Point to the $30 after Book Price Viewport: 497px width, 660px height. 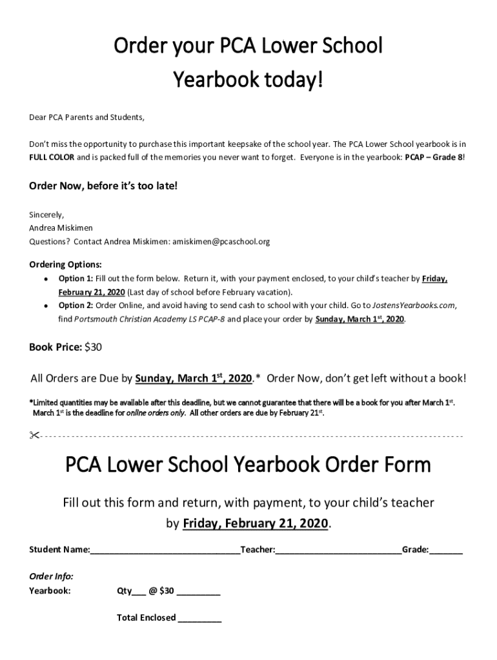pyautogui.click(x=94, y=347)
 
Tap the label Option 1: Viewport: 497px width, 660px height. pyautogui.click(x=76, y=278)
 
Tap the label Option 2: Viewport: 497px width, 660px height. pyautogui.click(x=76, y=306)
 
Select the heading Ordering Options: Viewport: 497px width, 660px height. pyautogui.click(x=65, y=264)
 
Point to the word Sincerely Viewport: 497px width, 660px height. pyautogui.click(x=47, y=214)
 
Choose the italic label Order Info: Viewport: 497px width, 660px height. pyautogui.click(x=51, y=576)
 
